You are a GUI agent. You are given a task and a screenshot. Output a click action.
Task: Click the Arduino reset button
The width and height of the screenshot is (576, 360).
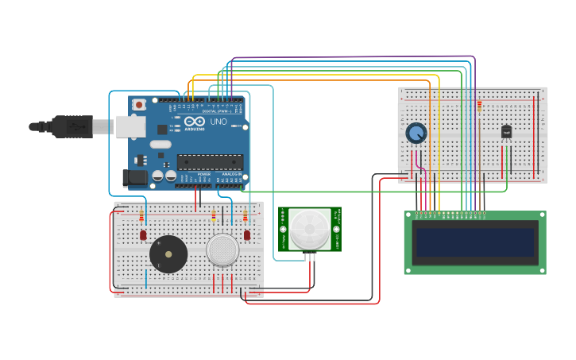[140, 104]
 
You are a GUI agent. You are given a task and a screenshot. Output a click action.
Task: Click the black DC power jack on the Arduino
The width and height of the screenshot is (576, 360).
[133, 178]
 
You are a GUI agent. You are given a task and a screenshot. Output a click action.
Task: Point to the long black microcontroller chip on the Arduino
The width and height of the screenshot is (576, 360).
[210, 162]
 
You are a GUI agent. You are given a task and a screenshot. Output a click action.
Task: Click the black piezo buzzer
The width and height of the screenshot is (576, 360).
[168, 254]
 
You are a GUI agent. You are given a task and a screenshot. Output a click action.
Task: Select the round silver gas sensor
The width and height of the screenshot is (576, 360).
[222, 250]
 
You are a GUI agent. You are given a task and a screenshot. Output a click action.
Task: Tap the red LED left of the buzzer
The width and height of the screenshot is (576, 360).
[143, 235]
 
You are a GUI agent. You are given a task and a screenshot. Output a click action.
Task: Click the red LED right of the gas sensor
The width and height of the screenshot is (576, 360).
[247, 235]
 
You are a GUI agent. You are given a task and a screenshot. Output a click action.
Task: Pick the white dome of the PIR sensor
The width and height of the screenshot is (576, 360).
[310, 229]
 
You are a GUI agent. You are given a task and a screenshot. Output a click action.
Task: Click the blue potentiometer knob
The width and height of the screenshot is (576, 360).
[416, 133]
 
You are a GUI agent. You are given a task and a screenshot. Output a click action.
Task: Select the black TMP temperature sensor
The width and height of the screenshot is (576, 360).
[506, 132]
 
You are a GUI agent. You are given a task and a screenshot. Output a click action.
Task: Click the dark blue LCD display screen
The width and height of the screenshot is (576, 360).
[474, 242]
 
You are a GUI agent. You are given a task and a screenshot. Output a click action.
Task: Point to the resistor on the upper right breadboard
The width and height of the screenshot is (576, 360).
[479, 105]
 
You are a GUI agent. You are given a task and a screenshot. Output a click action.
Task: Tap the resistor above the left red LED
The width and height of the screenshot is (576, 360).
[141, 215]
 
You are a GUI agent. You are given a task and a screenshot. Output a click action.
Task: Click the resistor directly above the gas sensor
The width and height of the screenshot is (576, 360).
[213, 215]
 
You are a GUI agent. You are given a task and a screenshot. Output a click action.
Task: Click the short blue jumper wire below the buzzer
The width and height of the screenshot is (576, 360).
[146, 278]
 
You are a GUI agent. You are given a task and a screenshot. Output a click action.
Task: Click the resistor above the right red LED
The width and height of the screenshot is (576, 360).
[245, 215]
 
